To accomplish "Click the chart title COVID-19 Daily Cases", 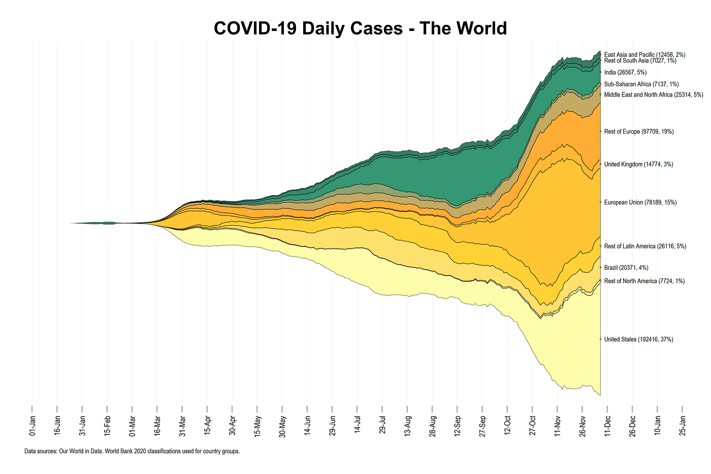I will point(360,28).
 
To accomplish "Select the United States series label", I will point(638,339).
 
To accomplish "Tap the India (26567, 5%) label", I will point(625,73).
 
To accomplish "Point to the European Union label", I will point(640,203).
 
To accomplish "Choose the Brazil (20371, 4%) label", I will point(626,268).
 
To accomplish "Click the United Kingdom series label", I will point(638,165).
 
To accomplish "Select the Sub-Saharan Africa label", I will point(641,84).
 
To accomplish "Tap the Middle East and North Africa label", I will point(653,95).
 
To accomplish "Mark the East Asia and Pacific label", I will point(644,54).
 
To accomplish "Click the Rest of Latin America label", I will point(645,246).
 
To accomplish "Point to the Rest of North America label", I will point(644,281).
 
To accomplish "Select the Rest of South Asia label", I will point(640,61).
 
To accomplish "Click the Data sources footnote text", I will point(132,451).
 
